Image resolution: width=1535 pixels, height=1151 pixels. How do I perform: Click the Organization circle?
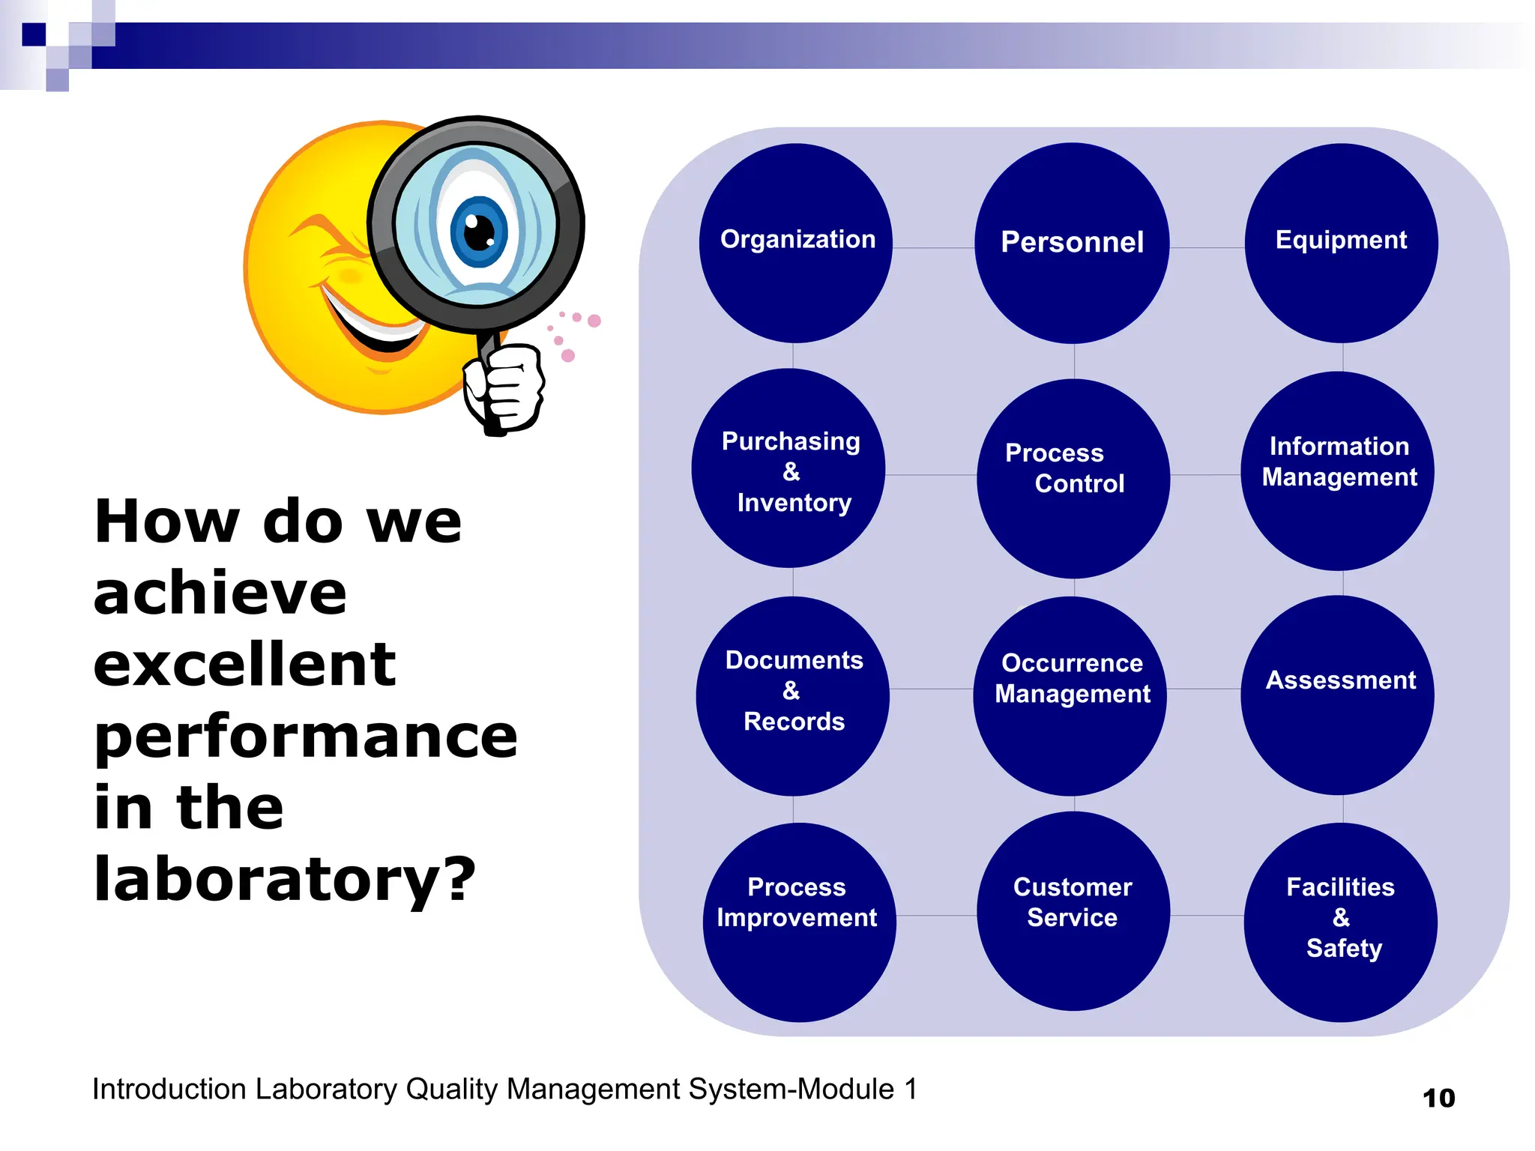pyautogui.click(x=796, y=244)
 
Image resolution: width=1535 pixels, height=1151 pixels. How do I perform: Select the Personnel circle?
pyautogui.click(x=1072, y=244)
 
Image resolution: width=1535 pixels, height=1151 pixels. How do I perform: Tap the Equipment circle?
pyautogui.click(x=1341, y=244)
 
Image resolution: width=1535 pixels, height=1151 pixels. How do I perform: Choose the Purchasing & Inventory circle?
pyautogui.click(x=788, y=469)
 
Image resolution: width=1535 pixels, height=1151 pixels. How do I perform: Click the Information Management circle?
pyautogui.click(x=1338, y=471)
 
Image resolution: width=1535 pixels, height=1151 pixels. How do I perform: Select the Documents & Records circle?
pyautogui.click(x=793, y=696)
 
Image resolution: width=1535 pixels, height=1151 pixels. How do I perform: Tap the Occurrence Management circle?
pyautogui.click(x=1070, y=696)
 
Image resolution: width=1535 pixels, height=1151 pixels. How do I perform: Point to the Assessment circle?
pyautogui.click(x=1338, y=695)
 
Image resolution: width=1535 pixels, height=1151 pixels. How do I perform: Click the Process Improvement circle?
pyautogui.click(x=799, y=922)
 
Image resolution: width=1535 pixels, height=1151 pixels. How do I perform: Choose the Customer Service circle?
pyautogui.click(x=1073, y=911)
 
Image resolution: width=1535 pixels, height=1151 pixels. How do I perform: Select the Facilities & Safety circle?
pyautogui.click(x=1341, y=922)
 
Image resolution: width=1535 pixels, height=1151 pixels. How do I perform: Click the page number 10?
pyautogui.click(x=1438, y=1099)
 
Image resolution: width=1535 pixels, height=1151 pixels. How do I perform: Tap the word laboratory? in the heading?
pyautogui.click(x=285, y=878)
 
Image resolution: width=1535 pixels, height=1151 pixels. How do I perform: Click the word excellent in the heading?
pyautogui.click(x=244, y=664)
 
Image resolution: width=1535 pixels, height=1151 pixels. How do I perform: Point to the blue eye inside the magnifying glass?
pyautogui.click(x=479, y=231)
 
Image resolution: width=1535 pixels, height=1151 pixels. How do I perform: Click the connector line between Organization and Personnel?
pyautogui.click(x=933, y=247)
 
